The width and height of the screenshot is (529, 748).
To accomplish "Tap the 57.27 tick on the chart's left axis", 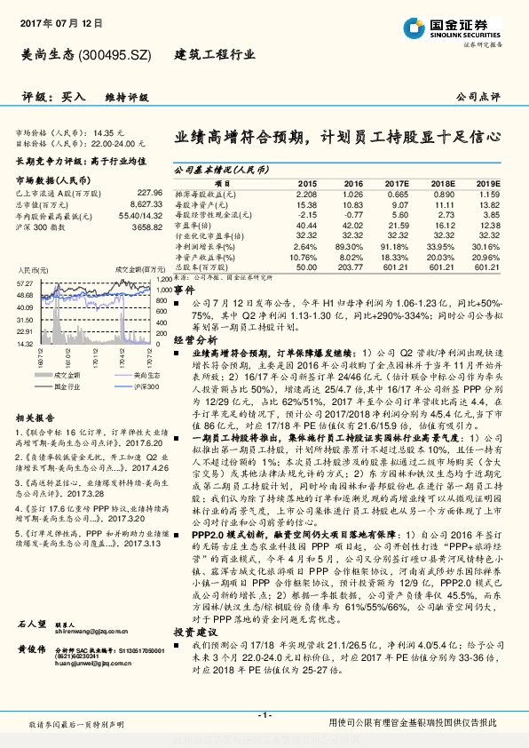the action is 24,282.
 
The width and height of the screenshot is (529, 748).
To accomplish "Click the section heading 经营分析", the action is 191,338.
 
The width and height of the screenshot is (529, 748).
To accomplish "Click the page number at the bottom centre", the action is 264,714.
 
